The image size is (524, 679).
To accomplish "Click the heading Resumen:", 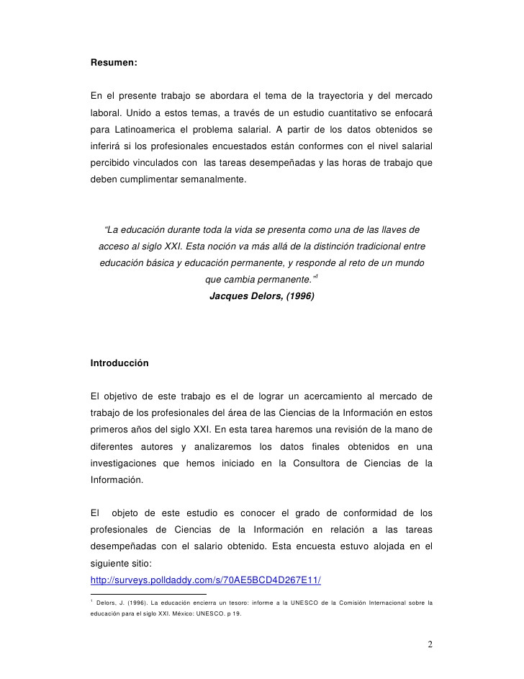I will (x=113, y=63).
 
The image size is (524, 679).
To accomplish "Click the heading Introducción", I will (x=119, y=363).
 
